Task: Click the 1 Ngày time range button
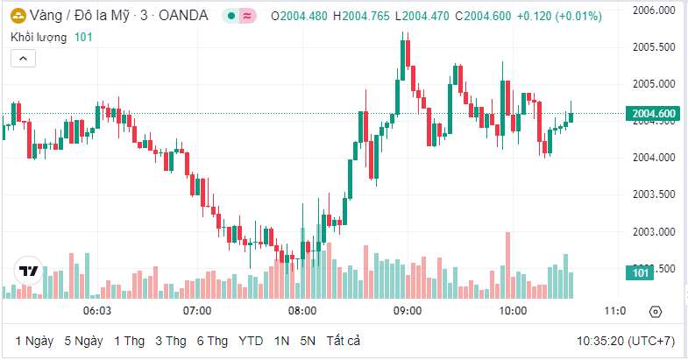[34, 340]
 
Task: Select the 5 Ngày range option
[83, 340]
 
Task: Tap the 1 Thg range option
[129, 340]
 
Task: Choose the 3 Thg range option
[171, 340]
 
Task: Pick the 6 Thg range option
[213, 340]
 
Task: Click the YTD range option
[251, 340]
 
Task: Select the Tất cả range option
[343, 340]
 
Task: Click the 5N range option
[307, 340]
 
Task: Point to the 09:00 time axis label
[408, 311]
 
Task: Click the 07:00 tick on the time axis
[197, 311]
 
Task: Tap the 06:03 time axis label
[96, 311]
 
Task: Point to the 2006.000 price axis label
[654, 11]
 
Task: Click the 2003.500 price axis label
[654, 194]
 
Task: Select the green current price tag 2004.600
[653, 114]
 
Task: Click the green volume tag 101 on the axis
[641, 274]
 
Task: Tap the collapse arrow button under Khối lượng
[23, 59]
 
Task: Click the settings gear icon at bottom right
[656, 311]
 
